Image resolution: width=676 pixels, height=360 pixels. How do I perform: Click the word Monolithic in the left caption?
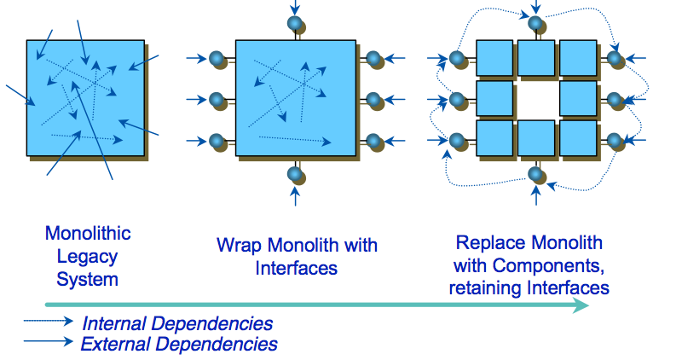[88, 234]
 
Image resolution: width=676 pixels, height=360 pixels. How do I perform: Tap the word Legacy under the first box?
[88, 257]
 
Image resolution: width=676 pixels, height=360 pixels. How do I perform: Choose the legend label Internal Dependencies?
[177, 324]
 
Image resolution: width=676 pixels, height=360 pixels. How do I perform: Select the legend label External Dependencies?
[179, 345]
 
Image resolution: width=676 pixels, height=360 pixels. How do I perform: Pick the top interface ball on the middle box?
[295, 23]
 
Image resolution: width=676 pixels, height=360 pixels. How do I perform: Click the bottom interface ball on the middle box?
[295, 175]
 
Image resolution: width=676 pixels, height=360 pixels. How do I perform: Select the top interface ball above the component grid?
[535, 24]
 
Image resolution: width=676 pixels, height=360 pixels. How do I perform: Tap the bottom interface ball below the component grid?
[535, 175]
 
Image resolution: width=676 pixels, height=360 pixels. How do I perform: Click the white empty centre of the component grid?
[536, 98]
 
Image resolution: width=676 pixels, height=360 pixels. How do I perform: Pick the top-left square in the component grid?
[494, 58]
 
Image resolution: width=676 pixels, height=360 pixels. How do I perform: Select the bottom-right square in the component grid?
[577, 138]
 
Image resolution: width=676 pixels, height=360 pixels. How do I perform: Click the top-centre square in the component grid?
[536, 58]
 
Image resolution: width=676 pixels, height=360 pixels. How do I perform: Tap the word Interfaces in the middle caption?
[297, 268]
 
